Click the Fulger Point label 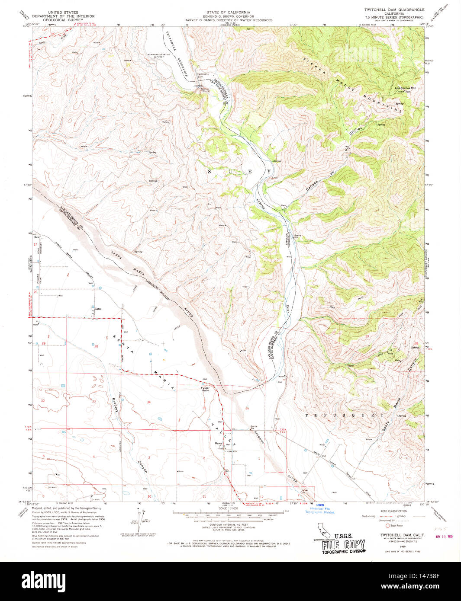point(205,389)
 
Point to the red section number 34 point(148,402)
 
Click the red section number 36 point(247,408)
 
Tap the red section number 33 point(94,401)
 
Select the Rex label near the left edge point(37,237)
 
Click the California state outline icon point(322,528)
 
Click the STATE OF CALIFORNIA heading point(228,12)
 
